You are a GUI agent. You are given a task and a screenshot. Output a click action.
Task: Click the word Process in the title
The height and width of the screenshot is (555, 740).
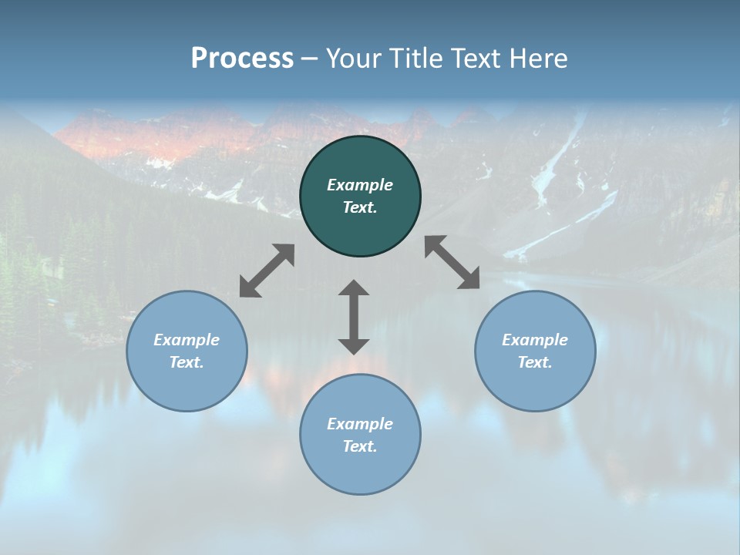[x=242, y=59]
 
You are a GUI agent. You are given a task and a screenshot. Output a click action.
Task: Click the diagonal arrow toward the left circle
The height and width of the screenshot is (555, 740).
[x=267, y=271]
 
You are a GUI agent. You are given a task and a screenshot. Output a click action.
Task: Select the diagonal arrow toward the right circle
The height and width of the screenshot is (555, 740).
[x=452, y=263]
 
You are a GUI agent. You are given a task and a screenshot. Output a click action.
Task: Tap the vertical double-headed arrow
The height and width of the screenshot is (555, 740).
[x=354, y=318]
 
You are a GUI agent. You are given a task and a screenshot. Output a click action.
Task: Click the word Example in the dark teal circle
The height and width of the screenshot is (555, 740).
[x=360, y=185]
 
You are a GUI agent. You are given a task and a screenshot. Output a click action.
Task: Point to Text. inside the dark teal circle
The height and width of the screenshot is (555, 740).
[x=360, y=207]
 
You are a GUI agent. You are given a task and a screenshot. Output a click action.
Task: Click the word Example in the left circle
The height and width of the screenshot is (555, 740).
[x=187, y=340]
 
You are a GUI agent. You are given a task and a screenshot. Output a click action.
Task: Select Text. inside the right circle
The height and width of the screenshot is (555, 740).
[x=535, y=362]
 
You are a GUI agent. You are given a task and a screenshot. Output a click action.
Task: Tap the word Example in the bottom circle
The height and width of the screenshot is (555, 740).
[x=360, y=424]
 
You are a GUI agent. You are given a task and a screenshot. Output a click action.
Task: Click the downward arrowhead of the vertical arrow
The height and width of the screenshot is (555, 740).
[x=354, y=346]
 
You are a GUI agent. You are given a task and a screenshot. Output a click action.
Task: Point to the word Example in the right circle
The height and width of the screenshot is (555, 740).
[x=535, y=340]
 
